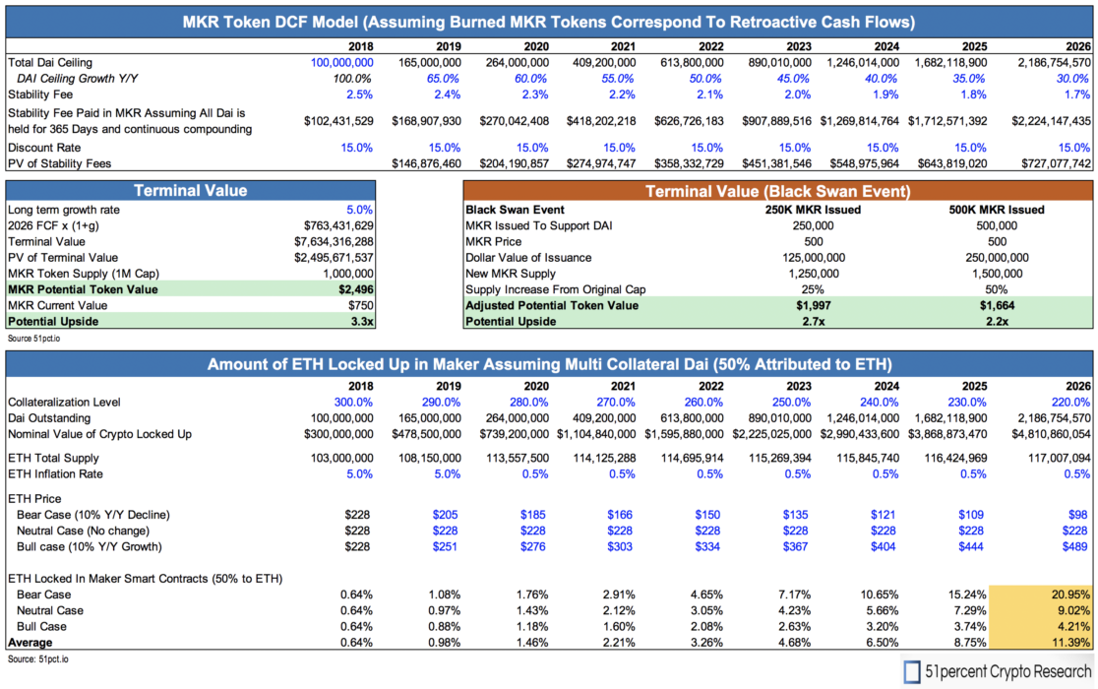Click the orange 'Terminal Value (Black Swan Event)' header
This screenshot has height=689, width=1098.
(x=777, y=191)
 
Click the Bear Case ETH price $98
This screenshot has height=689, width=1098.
(x=1079, y=515)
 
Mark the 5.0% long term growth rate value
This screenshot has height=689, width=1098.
(x=360, y=210)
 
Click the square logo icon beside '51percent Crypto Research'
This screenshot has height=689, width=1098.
(x=913, y=673)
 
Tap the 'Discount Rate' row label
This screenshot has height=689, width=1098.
(x=39, y=147)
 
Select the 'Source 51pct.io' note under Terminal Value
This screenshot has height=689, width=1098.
(x=33, y=337)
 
